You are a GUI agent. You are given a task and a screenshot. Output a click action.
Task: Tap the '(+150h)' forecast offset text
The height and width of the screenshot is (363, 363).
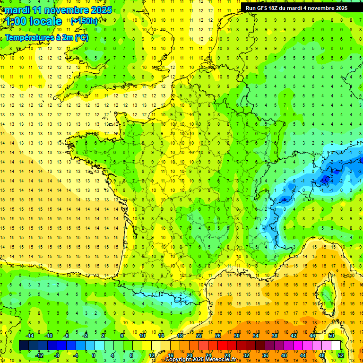tap(84, 21)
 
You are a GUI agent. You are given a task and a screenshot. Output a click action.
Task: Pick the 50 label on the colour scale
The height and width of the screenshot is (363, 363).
tap(331, 336)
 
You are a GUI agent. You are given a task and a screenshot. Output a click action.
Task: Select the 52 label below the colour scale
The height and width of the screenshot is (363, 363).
tap(341, 355)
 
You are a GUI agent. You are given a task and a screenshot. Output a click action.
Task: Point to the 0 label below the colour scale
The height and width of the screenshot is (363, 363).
tap(94, 355)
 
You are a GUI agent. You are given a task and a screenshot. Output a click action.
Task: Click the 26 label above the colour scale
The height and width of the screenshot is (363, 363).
tap(218, 336)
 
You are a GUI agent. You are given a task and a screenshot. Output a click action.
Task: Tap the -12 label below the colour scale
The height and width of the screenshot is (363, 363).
tap(39, 355)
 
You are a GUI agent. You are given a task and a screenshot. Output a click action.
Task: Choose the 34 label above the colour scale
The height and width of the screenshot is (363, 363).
tap(256, 336)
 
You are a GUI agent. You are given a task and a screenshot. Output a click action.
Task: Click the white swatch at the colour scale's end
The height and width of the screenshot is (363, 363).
tap(336, 345)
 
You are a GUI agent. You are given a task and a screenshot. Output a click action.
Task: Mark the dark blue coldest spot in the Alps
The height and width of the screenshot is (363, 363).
tap(325, 179)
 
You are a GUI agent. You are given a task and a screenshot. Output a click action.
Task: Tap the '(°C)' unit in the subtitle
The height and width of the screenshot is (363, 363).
tap(81, 38)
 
